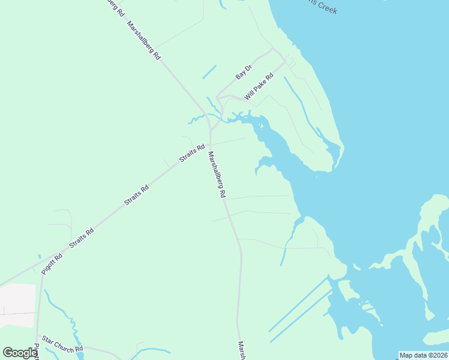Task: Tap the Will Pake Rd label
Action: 259,87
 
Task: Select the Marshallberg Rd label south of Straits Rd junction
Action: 216,175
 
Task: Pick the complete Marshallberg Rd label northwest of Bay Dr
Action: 144,40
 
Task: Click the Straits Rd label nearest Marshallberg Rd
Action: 192,153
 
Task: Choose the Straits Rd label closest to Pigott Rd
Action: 82,239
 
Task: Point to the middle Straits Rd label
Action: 136,196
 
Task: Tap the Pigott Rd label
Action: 52,265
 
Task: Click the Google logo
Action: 20,352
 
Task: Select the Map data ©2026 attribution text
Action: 423,355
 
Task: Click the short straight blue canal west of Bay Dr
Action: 209,72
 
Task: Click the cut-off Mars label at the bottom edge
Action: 241,350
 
